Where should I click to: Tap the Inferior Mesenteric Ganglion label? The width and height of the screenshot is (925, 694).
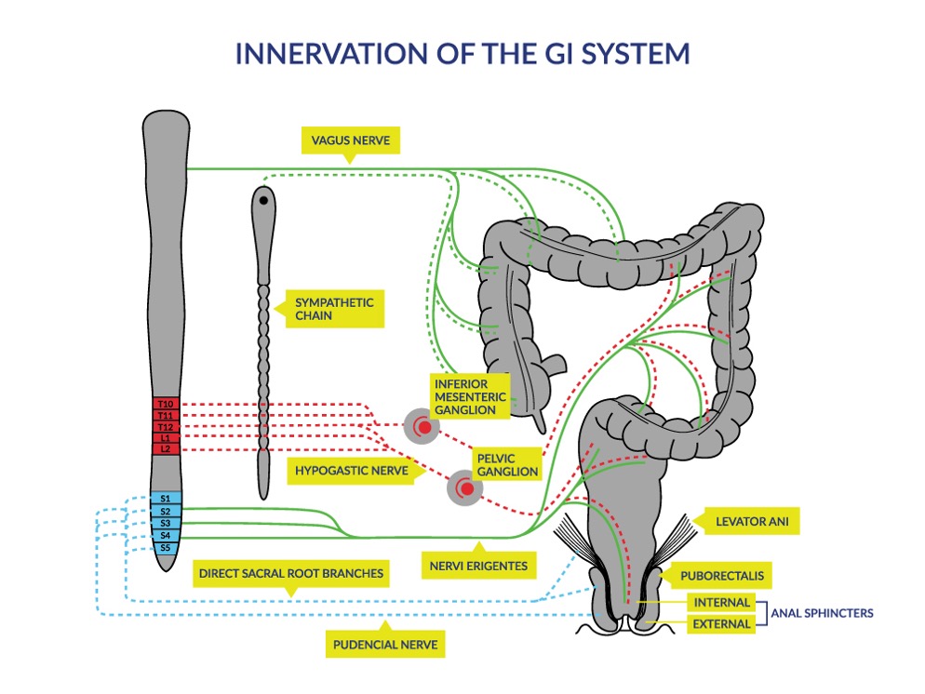(470, 396)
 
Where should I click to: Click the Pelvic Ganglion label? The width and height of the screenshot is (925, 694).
(507, 464)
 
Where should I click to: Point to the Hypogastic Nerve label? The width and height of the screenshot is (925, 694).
(351, 471)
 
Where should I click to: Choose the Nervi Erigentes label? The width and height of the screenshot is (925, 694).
(478, 565)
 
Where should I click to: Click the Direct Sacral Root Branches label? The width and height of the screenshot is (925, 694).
(290, 574)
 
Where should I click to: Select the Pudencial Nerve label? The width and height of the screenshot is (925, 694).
(386, 642)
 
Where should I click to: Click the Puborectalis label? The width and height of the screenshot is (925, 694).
(735, 576)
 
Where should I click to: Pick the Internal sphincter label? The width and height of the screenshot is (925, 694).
(721, 603)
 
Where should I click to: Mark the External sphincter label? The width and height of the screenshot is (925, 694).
(721, 624)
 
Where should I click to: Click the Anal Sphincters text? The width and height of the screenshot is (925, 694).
(822, 613)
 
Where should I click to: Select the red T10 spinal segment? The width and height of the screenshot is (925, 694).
(165, 404)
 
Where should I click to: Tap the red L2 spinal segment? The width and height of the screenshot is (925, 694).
(165, 448)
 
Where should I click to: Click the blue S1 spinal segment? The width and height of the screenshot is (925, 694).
(165, 500)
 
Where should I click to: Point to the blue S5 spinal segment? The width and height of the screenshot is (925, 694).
(165, 548)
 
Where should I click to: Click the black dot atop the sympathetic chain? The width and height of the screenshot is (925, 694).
(264, 200)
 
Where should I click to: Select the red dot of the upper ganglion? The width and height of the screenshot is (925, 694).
(424, 427)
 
